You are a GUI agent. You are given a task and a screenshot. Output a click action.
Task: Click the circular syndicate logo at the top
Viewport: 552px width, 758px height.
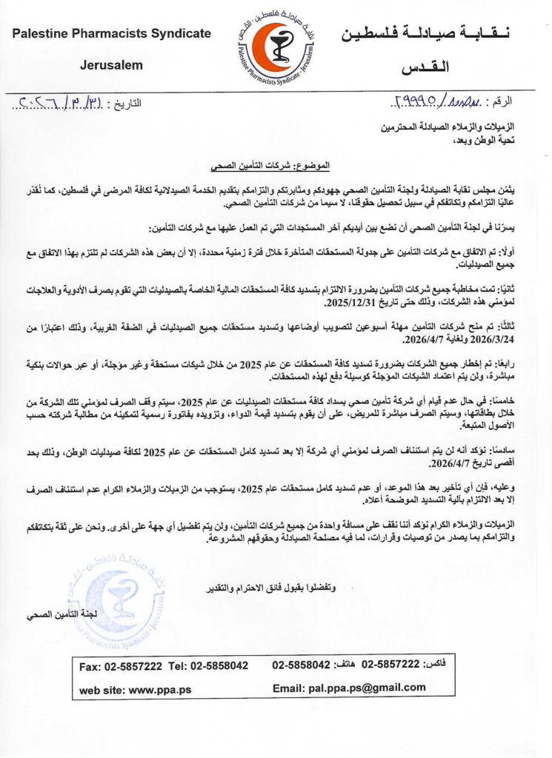(x=276, y=48)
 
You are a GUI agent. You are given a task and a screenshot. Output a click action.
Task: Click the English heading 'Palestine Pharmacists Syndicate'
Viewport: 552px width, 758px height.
(x=112, y=33)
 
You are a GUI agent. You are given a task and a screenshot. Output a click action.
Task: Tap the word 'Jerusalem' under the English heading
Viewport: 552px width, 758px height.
(x=111, y=65)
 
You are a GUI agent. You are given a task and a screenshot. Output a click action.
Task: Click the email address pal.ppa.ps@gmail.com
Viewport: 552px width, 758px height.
(x=349, y=689)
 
